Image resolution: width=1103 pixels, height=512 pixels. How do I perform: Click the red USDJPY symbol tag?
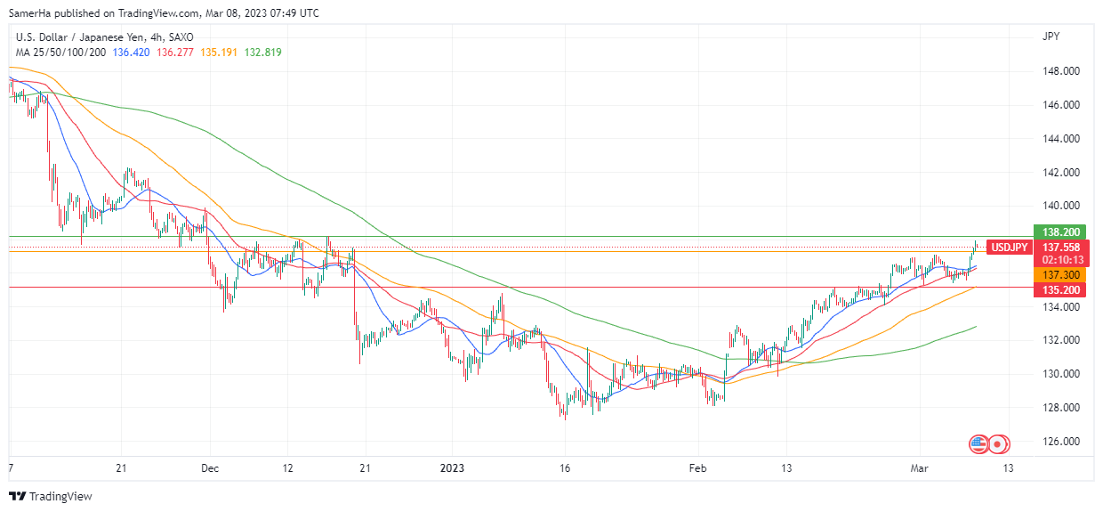(1010, 247)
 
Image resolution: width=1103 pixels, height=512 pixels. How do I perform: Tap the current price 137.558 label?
(1060, 247)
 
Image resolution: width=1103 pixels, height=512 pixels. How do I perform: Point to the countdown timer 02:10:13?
(1060, 260)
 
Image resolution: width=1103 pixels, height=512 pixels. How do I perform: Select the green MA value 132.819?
(263, 53)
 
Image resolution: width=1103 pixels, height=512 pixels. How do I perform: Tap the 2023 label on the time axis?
(452, 468)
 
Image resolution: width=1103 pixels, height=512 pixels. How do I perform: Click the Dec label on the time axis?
(210, 468)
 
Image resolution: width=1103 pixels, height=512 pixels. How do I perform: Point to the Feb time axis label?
(697, 468)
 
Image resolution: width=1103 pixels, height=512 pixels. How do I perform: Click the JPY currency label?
(1051, 37)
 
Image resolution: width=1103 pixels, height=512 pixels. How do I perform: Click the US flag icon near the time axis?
(978, 443)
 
